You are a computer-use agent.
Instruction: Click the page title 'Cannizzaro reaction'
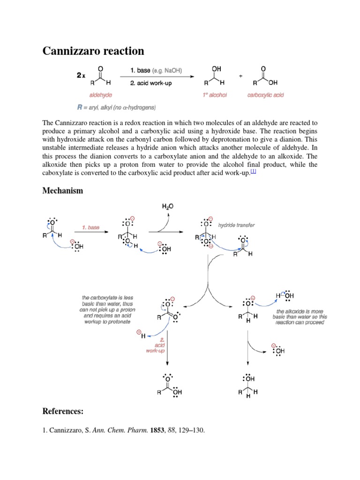(93, 51)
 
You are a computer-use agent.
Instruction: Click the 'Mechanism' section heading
(63, 191)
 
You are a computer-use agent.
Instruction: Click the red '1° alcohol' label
(215, 95)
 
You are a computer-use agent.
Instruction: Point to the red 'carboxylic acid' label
(266, 95)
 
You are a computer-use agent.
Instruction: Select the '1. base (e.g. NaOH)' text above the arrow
(156, 71)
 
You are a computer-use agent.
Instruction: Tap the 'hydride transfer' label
(237, 225)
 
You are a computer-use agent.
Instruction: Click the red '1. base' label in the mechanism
(90, 227)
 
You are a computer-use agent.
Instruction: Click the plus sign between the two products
(241, 76)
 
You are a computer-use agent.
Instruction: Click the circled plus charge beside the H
(139, 332)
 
